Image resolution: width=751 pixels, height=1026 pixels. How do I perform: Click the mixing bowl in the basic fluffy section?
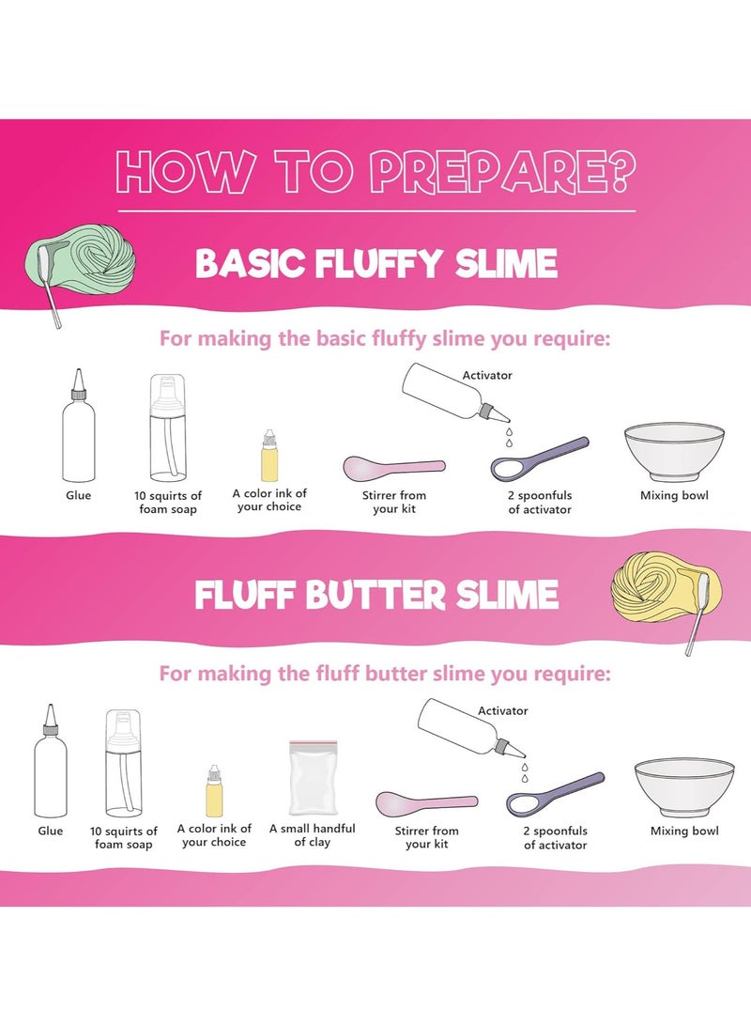[x=674, y=452]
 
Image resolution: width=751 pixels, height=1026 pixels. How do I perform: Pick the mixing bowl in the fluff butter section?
[x=683, y=786]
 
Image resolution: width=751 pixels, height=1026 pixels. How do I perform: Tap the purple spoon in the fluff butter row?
[x=553, y=795]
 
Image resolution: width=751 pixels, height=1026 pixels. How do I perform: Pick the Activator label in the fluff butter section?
[x=503, y=711]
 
